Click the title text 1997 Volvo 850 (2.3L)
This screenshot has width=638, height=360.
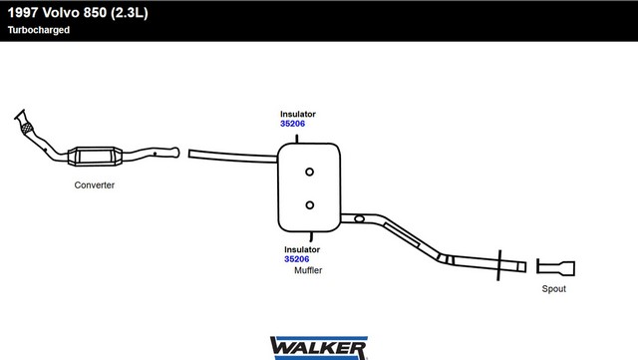tap(78, 13)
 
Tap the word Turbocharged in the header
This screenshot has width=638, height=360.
tap(39, 30)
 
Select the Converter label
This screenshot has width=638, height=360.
tap(95, 184)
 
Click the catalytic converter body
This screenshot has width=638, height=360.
tap(95, 156)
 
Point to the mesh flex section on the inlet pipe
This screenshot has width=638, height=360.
tap(27, 128)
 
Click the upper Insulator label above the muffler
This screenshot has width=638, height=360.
tap(298, 114)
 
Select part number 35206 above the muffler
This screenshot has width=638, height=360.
tap(292, 124)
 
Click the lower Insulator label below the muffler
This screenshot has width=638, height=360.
tap(302, 249)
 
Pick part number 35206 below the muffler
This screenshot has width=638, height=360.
tap(297, 259)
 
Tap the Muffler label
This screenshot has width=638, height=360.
tap(308, 270)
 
